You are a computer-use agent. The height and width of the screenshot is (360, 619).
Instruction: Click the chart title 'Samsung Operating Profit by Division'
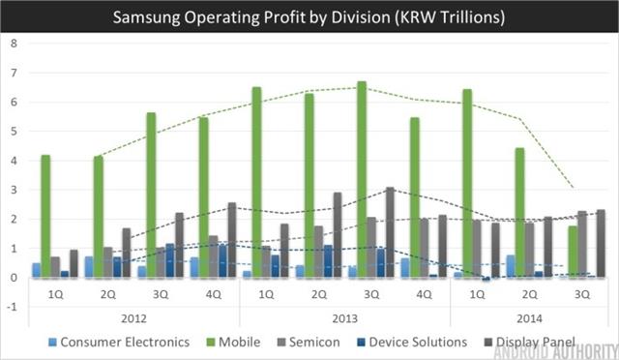309,17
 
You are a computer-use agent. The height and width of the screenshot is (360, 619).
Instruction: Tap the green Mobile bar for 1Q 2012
45,216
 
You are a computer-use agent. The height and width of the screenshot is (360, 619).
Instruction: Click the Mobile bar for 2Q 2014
519,213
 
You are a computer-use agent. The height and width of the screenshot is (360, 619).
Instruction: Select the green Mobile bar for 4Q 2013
415,197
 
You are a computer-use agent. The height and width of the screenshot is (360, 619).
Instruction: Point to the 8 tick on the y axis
14,44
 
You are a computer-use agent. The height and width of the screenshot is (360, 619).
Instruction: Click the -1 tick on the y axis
12,307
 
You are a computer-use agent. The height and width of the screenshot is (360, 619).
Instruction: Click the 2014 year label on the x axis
529,317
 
